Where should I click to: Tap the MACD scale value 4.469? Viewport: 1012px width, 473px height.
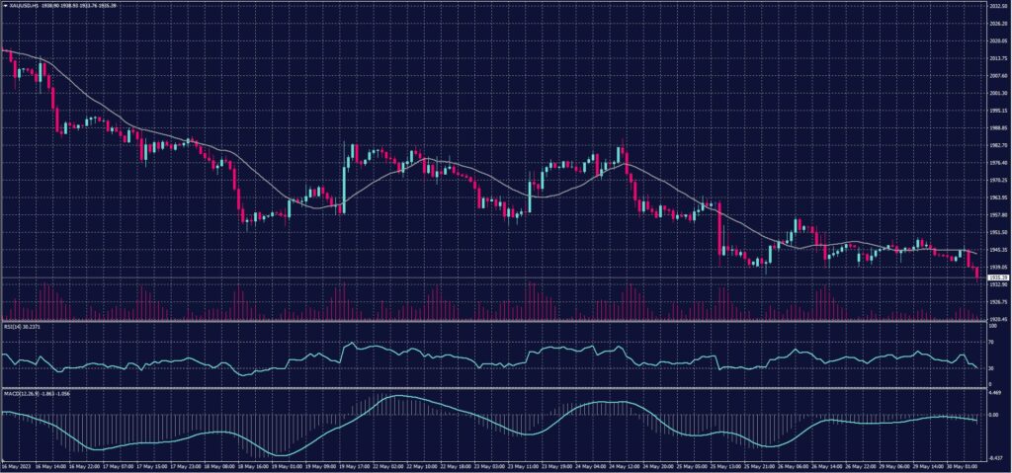coord(995,392)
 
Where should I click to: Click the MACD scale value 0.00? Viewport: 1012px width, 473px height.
coord(994,415)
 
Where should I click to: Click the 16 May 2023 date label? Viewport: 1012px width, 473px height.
coord(16,464)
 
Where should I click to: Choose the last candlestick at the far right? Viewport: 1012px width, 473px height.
coord(977,274)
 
